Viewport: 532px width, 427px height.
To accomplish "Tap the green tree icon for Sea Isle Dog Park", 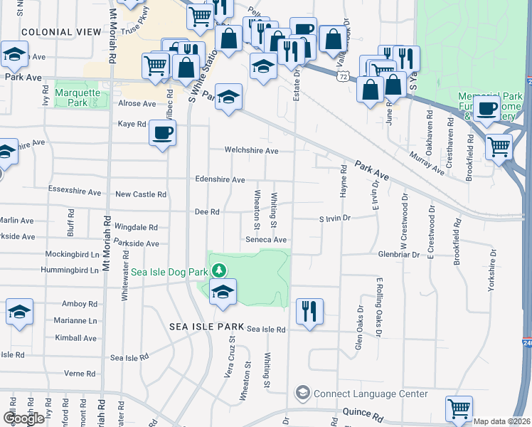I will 220,270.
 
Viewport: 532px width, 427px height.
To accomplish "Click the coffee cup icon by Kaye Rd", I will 162,132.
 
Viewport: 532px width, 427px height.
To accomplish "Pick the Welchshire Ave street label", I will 251,151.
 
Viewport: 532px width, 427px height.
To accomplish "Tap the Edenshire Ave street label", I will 220,180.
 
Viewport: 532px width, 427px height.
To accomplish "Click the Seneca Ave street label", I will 266,240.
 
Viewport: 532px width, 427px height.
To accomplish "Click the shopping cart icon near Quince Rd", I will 459,408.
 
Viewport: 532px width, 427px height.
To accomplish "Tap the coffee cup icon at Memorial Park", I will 487,109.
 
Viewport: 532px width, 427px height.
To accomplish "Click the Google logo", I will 23,418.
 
